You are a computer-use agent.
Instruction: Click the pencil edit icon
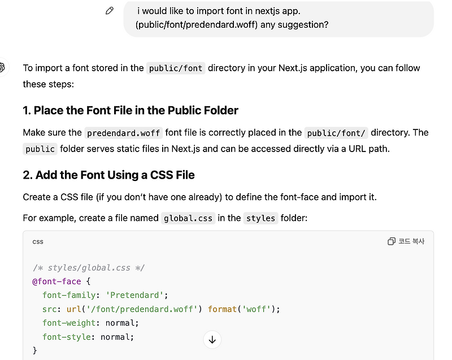click(110, 11)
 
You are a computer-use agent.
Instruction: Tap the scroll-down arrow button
click(212, 340)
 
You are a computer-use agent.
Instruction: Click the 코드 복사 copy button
click(406, 241)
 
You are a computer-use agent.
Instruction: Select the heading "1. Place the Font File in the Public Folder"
click(131, 110)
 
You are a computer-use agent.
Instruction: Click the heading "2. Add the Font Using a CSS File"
click(108, 175)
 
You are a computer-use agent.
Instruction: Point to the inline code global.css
click(188, 218)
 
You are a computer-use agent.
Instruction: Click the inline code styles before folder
click(261, 218)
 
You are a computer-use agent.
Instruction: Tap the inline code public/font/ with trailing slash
click(337, 133)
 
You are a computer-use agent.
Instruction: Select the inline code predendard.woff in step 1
click(124, 133)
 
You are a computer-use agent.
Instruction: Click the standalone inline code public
click(40, 149)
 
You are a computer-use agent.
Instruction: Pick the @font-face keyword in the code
click(57, 281)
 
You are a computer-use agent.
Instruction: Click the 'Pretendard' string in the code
click(138, 295)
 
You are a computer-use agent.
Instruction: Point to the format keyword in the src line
click(221, 309)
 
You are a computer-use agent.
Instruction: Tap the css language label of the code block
click(38, 242)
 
